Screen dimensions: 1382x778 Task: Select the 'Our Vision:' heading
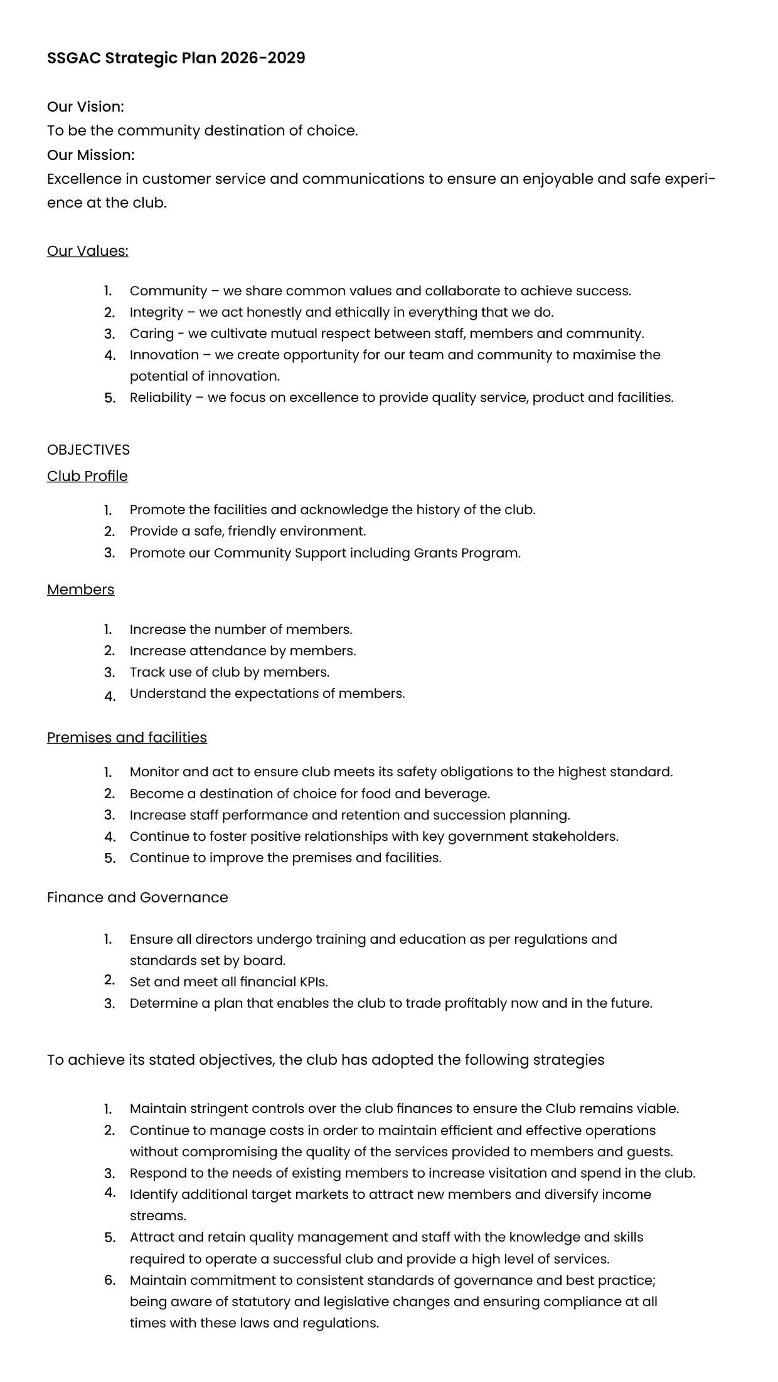pos(85,107)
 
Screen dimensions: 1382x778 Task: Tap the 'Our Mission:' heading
pos(90,155)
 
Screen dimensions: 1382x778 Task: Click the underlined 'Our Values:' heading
pos(87,251)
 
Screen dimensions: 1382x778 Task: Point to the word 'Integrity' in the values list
pos(156,312)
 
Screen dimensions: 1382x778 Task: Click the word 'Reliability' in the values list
pos(160,398)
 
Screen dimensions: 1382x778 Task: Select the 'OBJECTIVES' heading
pos(88,450)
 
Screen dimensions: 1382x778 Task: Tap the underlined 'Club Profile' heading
pos(87,477)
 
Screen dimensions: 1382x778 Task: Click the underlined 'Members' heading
pos(80,590)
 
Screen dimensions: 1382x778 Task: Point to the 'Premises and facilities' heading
pos(127,738)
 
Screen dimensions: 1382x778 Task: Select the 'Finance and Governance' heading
pos(137,898)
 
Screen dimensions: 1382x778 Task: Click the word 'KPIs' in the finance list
pos(314,982)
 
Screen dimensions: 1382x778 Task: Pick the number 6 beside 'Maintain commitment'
pos(109,1280)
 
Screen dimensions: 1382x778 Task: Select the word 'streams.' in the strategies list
pos(157,1216)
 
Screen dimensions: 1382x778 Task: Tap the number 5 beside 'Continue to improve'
pos(109,858)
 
